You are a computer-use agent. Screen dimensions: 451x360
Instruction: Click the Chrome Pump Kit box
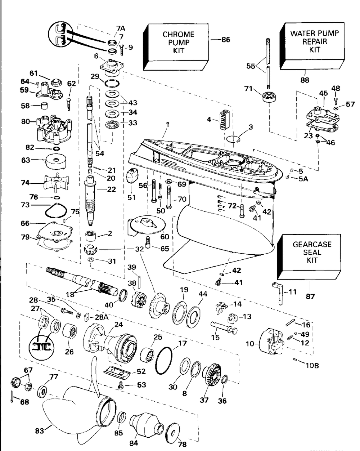(179, 43)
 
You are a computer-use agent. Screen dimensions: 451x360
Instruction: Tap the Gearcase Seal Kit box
(312, 252)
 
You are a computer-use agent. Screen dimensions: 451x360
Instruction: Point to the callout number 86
(225, 40)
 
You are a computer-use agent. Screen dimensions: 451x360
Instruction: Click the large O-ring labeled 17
(164, 360)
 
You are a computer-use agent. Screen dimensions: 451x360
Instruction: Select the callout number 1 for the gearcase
(167, 125)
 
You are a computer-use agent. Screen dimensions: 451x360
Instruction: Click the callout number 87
(310, 296)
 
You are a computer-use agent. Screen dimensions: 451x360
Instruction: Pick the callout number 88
(305, 80)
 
